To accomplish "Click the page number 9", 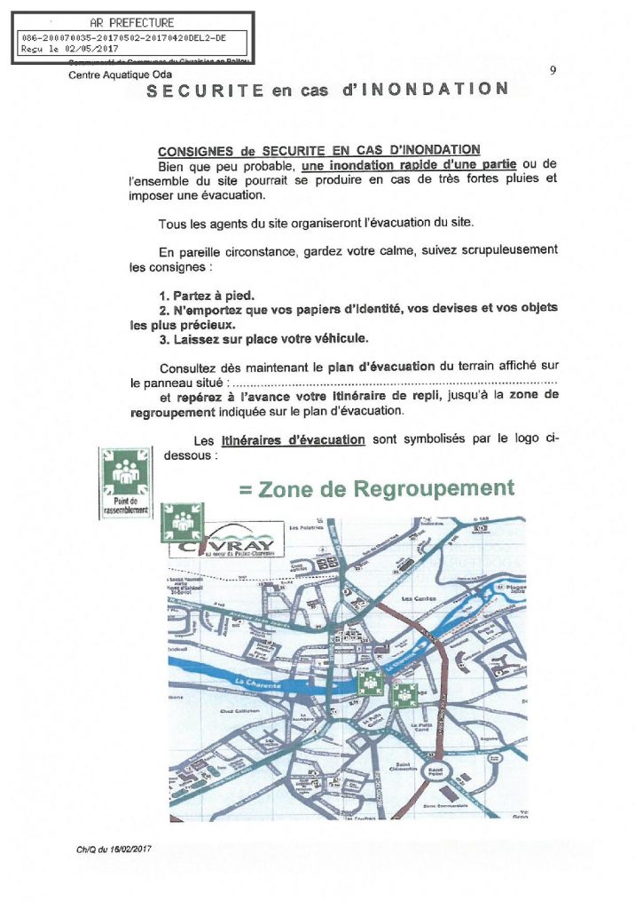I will (552, 71).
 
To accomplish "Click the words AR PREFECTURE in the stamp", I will (132, 22).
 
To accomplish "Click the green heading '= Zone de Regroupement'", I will (377, 489).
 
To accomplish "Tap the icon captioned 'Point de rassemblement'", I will (124, 483).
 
